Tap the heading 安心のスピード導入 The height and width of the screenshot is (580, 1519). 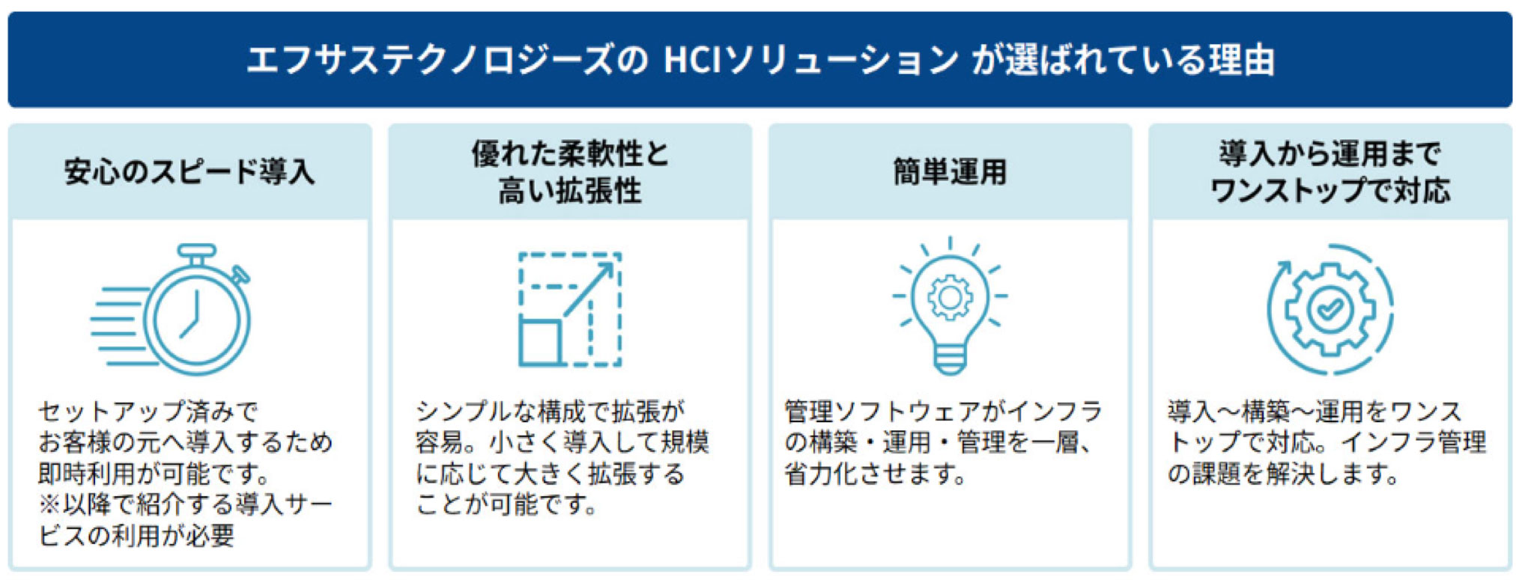coord(190,172)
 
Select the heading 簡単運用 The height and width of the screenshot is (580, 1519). coord(950,172)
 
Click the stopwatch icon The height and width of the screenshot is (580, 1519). coord(171,308)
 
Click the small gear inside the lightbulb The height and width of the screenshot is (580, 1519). coord(950,297)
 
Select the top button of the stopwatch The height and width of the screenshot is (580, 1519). coord(196,251)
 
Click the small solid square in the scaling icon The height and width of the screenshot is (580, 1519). coord(540,341)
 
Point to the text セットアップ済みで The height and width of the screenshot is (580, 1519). coord(148,411)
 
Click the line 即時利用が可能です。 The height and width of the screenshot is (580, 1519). coord(154,474)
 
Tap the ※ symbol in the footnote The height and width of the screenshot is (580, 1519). coord(49,504)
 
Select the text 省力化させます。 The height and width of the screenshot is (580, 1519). coord(875,474)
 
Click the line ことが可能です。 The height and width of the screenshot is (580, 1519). coord(507,504)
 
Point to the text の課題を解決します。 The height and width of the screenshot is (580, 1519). coord(1282,474)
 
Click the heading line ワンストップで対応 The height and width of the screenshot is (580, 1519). coord(1330,191)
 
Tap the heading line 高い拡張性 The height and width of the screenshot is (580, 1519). coord(570,191)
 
